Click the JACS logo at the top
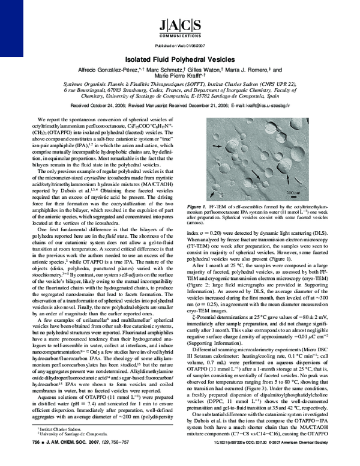[179, 25]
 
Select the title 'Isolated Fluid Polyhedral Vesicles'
[180, 61]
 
